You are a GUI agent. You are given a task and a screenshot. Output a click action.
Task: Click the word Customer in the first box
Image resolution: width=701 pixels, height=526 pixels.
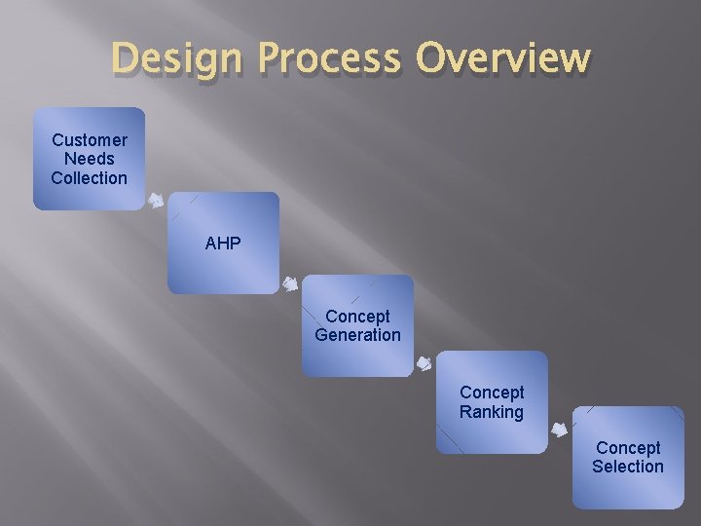point(90,140)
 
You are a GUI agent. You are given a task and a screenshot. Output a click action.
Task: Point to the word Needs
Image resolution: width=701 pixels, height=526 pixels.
point(90,159)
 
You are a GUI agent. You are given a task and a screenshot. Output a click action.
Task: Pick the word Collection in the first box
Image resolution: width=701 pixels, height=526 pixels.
point(90,178)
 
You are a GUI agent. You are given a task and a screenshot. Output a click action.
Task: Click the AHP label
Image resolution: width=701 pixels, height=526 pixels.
point(223,244)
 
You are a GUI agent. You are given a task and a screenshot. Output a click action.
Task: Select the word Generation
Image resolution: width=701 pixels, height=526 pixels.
point(357,335)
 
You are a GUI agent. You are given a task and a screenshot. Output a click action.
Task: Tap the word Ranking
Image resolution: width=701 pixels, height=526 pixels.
point(492,412)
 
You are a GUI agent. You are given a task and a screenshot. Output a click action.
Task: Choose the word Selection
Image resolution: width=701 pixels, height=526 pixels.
point(628,467)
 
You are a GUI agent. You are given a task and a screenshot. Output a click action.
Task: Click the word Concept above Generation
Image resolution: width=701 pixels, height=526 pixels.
point(357,317)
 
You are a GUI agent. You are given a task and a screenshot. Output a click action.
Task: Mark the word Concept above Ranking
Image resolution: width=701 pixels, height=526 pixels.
point(492,393)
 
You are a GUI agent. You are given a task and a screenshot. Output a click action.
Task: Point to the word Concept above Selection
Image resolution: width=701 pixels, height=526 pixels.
point(628,448)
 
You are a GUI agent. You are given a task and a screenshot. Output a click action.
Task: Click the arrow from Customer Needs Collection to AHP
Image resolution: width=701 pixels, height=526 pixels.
point(156,202)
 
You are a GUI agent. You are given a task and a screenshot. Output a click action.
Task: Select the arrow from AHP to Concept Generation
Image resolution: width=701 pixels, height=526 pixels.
point(290,284)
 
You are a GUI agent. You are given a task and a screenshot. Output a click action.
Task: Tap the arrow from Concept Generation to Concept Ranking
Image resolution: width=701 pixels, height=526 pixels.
point(424,364)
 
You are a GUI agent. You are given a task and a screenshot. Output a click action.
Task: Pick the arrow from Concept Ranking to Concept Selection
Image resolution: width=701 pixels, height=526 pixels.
point(560,429)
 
